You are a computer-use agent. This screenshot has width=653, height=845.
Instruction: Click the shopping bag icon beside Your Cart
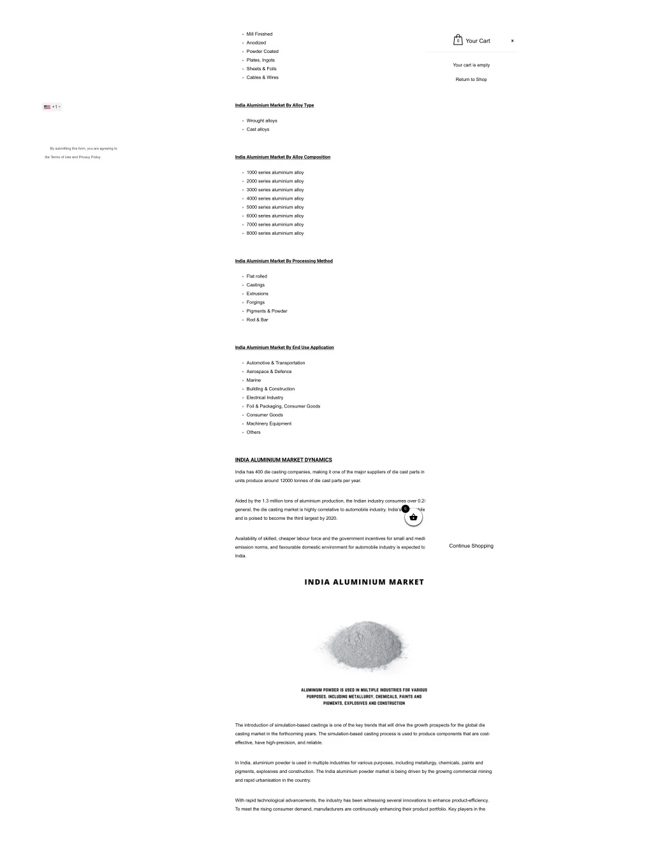[458, 40]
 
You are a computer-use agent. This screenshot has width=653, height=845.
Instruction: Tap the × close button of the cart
[512, 41]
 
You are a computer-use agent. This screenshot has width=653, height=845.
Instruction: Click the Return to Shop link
[471, 80]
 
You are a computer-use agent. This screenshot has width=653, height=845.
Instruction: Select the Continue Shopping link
[471, 546]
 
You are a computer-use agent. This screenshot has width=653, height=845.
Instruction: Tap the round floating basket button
[413, 517]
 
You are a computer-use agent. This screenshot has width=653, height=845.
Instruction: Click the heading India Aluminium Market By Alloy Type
[274, 105]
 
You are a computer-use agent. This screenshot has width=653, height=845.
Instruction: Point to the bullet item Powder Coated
[262, 52]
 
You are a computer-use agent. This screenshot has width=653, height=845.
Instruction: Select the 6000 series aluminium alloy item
[275, 216]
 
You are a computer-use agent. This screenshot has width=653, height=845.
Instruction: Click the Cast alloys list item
[258, 129]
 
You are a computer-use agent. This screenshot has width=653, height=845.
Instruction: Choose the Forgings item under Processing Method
[255, 302]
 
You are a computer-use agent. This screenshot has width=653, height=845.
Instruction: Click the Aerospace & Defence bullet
[268, 372]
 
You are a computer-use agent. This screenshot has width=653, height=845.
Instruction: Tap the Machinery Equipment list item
[268, 423]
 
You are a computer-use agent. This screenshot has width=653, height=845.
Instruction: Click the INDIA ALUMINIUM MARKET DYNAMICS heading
[283, 460]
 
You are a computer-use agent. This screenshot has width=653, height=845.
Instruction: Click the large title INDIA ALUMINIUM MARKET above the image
[363, 582]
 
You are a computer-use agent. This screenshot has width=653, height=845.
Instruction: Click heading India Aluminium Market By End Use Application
[284, 348]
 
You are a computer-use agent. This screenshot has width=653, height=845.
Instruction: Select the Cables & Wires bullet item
[262, 78]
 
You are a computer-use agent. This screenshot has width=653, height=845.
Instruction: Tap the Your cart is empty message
[471, 65]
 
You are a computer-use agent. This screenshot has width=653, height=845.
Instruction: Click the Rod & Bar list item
[257, 320]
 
